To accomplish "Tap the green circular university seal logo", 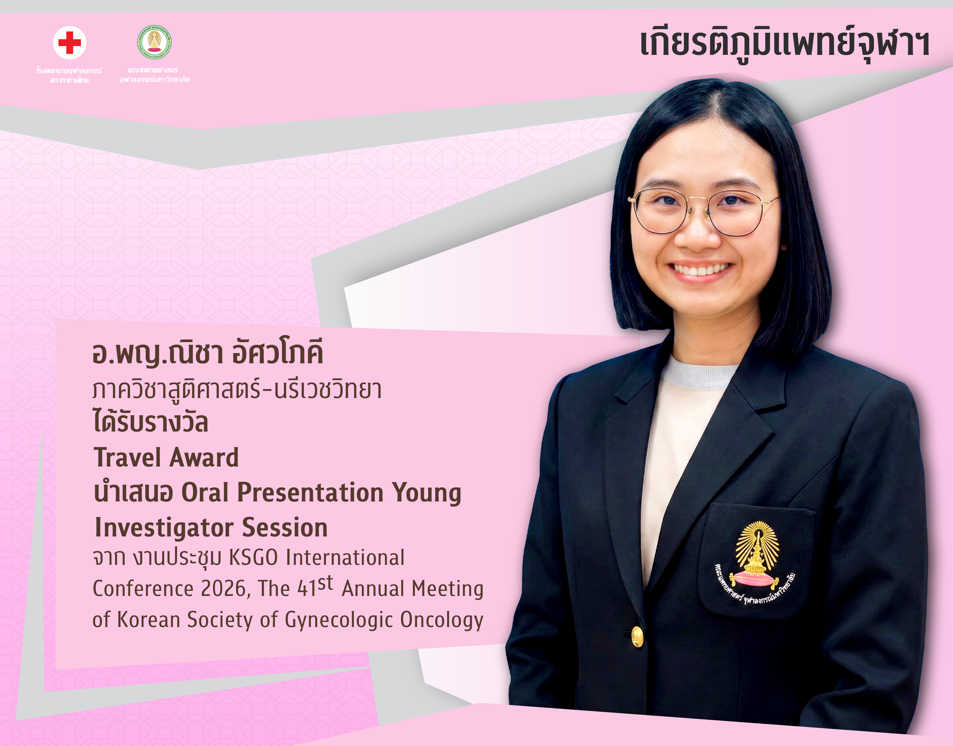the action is [154, 42].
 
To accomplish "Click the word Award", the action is [204, 457].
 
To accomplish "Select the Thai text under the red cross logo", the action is [69, 75].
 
